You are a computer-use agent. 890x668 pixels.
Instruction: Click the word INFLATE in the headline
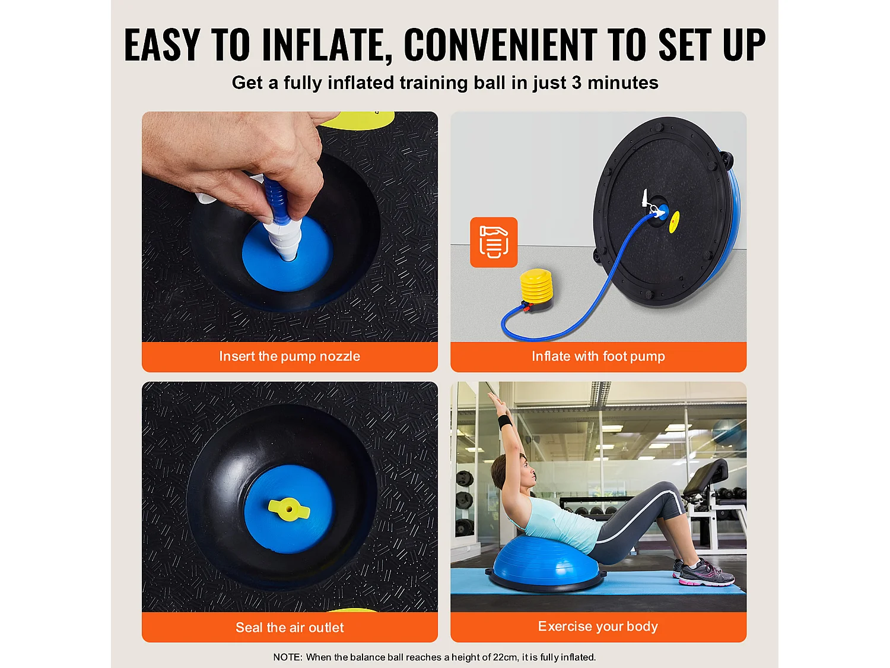pos(326,45)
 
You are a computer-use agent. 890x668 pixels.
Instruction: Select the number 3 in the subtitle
pos(577,83)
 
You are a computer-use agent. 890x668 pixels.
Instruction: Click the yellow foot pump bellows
pos(536,285)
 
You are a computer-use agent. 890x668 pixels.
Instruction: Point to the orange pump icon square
pos(494,242)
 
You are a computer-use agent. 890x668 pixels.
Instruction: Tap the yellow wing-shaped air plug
pos(289,509)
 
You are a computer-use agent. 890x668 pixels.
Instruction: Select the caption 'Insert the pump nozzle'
pos(290,356)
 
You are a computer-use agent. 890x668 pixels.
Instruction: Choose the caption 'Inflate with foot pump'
pos(598,356)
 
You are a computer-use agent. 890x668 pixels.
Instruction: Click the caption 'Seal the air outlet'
pos(290,627)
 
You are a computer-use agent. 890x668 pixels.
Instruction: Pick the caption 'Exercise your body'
pos(597,626)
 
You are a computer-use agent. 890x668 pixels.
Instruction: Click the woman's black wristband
pos(505,422)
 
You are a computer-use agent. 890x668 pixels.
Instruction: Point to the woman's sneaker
pos(706,572)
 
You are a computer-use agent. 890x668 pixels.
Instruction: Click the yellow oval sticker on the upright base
pos(674,221)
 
